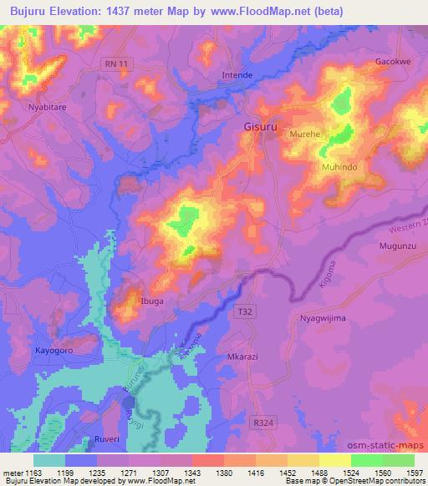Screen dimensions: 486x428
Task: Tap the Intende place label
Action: [x=237, y=75]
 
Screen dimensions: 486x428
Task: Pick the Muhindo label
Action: [x=339, y=168]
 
